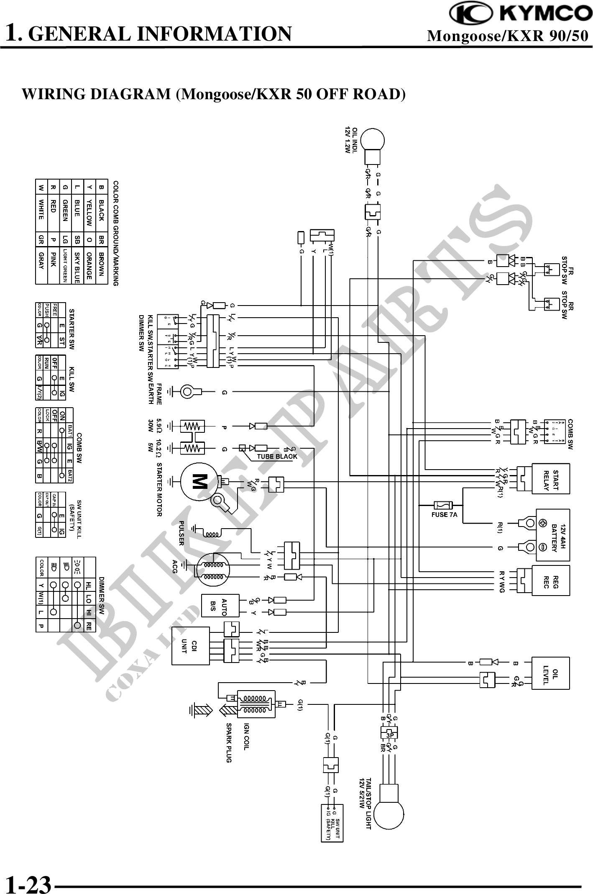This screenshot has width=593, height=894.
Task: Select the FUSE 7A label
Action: (444, 514)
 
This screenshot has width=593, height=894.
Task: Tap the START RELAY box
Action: (550, 478)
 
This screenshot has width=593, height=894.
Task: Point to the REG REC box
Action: (550, 580)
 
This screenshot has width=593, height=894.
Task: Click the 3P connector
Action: (390, 735)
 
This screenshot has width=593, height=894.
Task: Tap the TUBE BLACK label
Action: (277, 456)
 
